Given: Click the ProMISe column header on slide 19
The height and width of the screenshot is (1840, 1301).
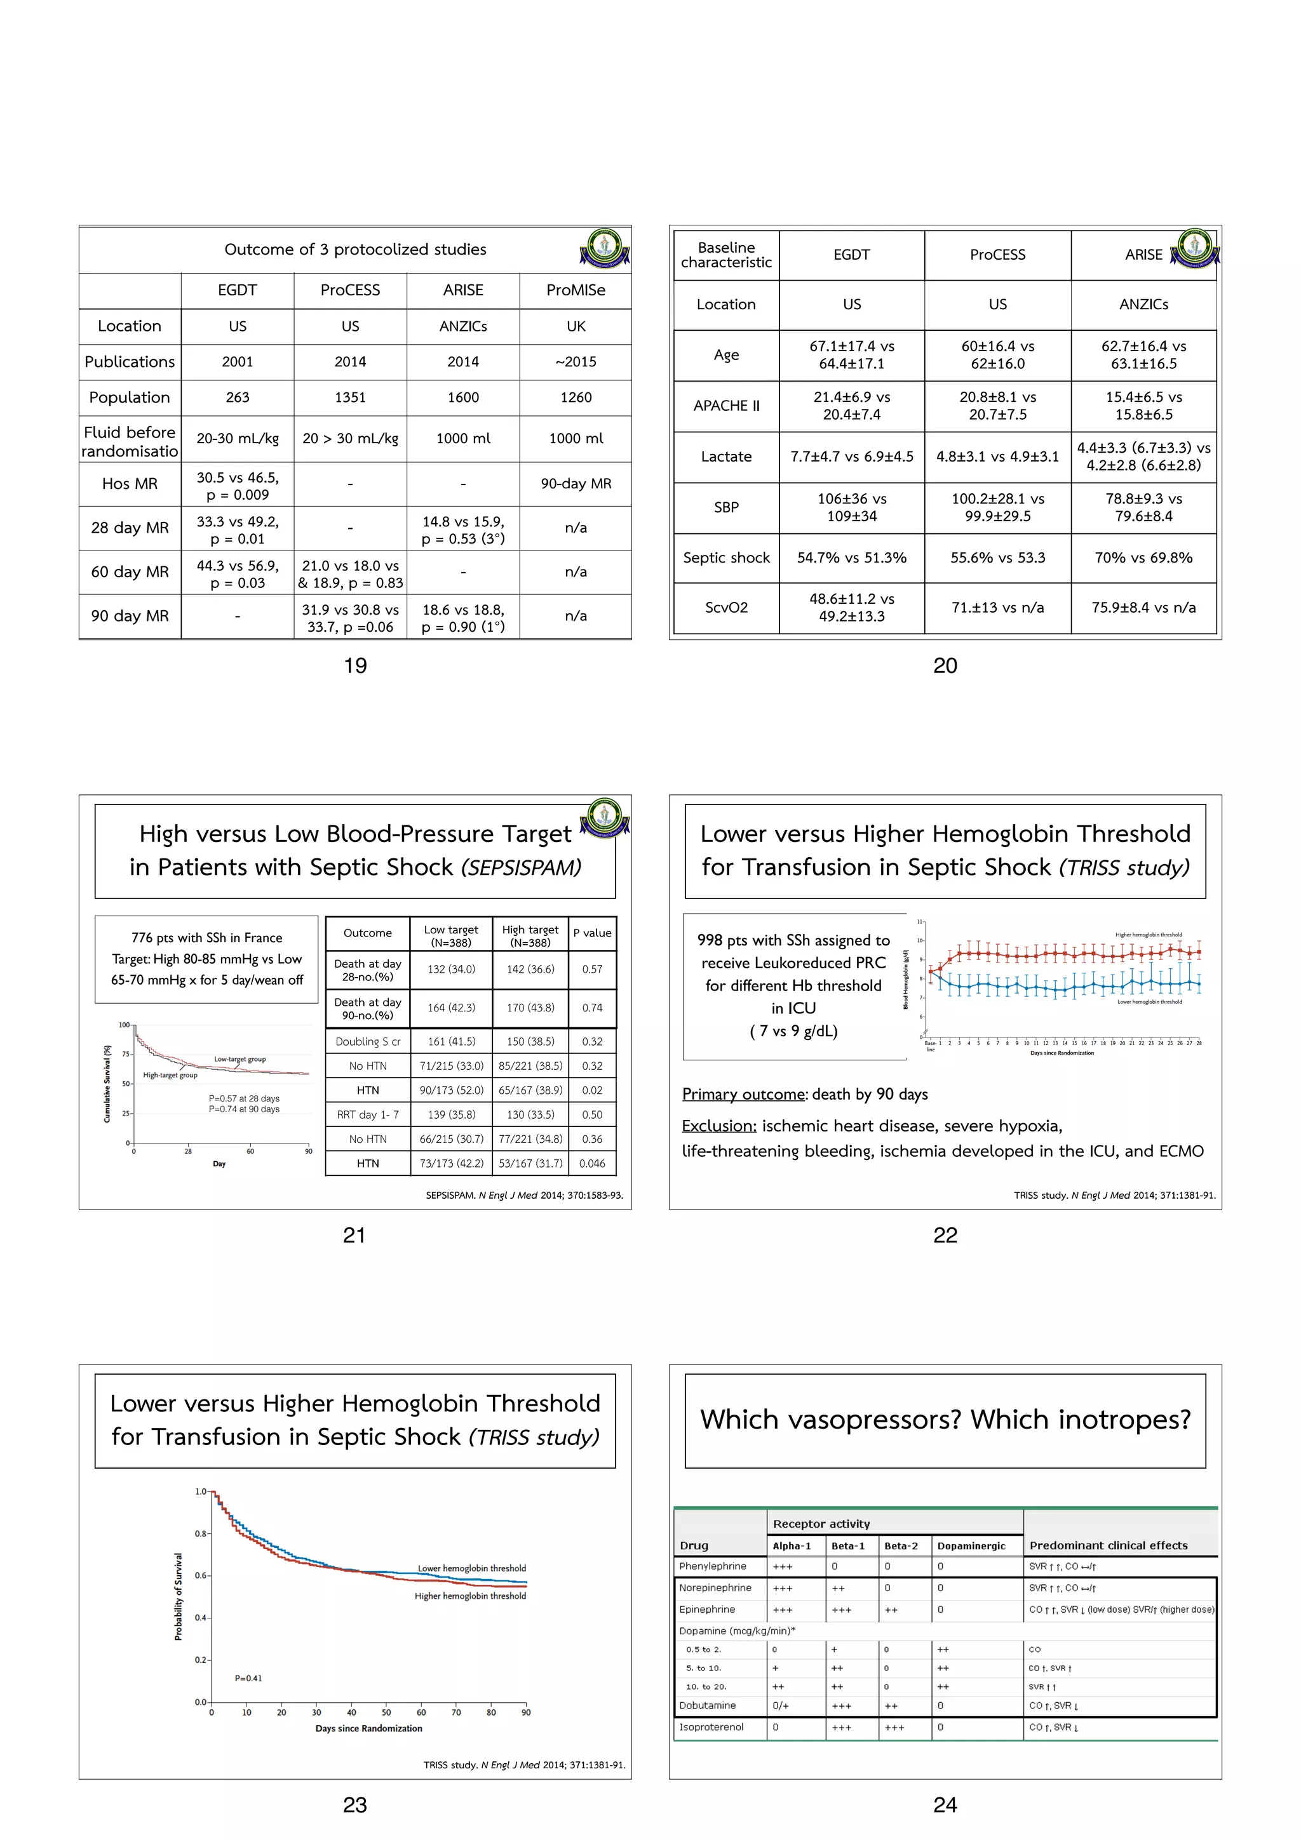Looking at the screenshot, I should (x=576, y=290).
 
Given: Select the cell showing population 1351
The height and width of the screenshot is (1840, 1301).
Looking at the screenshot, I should (x=349, y=397).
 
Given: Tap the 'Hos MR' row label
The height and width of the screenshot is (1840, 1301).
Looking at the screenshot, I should (x=130, y=483).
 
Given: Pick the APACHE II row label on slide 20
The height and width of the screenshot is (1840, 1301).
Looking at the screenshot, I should (x=725, y=406).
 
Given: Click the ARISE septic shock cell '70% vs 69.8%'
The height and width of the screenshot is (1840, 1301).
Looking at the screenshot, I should (x=1143, y=557).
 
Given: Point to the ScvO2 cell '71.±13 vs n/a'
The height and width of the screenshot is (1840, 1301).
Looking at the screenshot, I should (x=997, y=608).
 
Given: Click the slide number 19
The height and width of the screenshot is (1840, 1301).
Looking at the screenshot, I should (x=355, y=666).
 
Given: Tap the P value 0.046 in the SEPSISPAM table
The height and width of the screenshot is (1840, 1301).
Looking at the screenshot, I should (x=593, y=1164).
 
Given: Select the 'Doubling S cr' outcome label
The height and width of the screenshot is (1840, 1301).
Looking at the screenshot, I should (x=368, y=1042).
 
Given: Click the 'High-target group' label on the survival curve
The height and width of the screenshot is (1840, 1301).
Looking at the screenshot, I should (x=170, y=1076).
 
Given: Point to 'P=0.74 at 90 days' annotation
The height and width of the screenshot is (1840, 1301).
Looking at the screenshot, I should (x=244, y=1109).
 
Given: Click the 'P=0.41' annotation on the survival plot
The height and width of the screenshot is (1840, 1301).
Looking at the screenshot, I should (x=248, y=1678).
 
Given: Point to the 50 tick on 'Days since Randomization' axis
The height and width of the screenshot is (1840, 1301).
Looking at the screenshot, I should (x=386, y=1712).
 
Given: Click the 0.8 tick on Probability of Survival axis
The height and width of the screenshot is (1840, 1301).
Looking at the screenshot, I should (x=200, y=1534).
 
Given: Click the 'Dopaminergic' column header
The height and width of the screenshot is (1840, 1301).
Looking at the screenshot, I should (x=971, y=1546).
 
